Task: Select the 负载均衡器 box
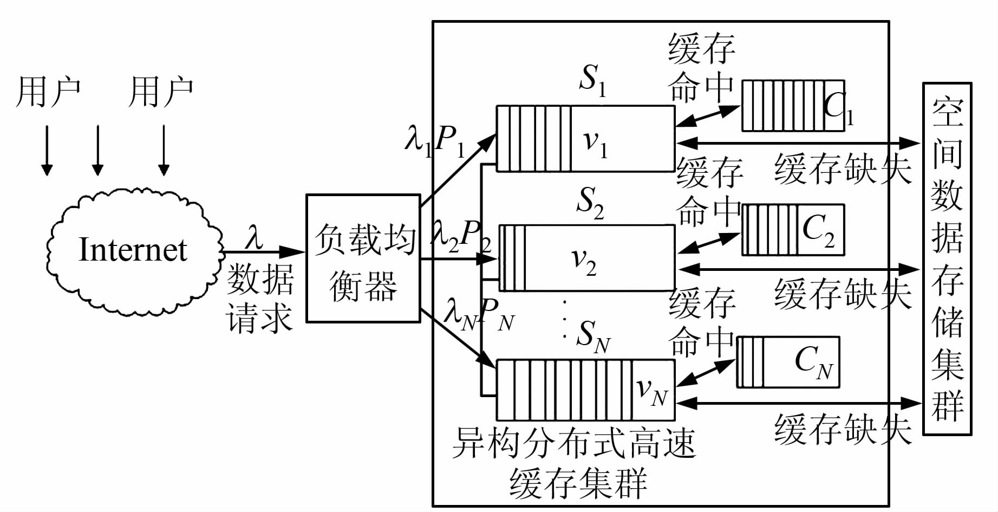point(363,258)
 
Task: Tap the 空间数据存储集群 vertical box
point(947,258)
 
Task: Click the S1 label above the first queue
point(592,80)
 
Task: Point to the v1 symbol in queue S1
point(595,143)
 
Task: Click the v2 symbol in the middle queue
point(584,262)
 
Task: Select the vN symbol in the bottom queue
point(651,391)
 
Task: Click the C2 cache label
point(818,230)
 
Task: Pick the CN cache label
point(813,362)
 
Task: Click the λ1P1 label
point(435,140)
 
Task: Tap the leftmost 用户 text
point(48,92)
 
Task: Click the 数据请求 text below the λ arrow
point(260,298)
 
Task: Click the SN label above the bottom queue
point(592,336)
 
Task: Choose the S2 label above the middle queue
point(590,203)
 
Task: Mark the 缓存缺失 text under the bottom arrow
point(843,430)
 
